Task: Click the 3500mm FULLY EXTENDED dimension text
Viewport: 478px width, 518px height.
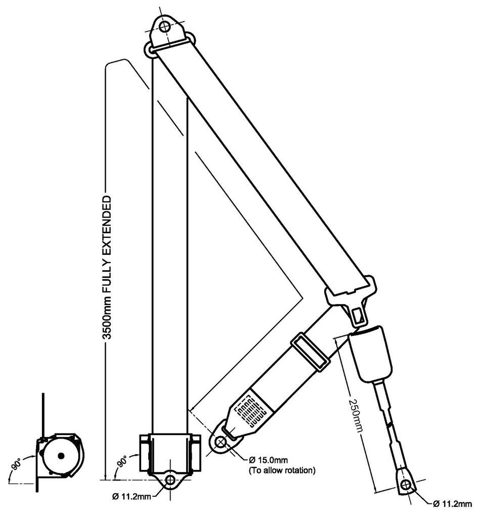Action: pos(107,268)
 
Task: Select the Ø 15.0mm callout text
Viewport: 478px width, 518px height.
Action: pos(268,460)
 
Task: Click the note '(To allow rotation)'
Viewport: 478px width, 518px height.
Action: pos(281,470)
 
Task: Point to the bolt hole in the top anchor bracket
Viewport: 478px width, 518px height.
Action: pos(164,26)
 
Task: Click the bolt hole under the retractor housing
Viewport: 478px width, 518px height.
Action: pos(170,479)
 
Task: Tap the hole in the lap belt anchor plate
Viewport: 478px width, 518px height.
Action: pos(221,442)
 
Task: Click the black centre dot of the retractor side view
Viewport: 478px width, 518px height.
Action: pos(61,456)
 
